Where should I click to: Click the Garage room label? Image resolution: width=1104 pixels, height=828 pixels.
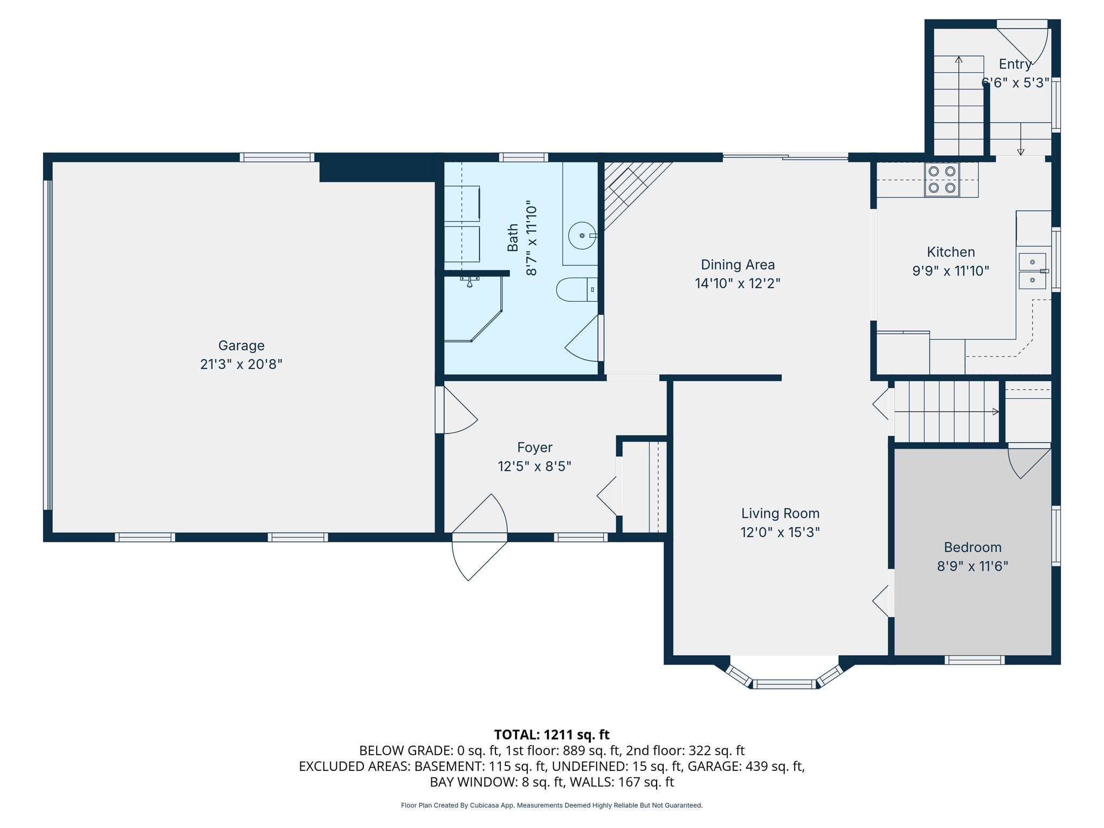[x=241, y=346]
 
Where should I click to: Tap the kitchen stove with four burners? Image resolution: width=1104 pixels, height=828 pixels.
[x=942, y=180]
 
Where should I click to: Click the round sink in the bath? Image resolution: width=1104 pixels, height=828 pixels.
[x=582, y=236]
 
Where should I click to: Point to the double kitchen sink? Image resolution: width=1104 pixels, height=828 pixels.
[x=1032, y=271]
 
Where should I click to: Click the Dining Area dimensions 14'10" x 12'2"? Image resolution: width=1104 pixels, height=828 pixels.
[x=737, y=284]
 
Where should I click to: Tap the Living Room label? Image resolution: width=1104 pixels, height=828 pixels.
[x=780, y=514]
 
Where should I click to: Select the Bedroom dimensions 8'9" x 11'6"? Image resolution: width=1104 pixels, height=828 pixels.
[x=972, y=566]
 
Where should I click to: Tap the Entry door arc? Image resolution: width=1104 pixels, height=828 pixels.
[x=1027, y=43]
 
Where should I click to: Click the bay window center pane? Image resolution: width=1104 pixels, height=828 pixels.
[x=784, y=685]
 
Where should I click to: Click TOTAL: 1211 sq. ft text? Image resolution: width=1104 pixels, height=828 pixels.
[x=551, y=735]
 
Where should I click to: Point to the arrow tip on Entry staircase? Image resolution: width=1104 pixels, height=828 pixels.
[x=959, y=59]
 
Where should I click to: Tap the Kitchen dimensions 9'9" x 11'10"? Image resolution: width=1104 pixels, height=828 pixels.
[x=950, y=271]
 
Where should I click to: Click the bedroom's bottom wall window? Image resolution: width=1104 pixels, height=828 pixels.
[x=975, y=660]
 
